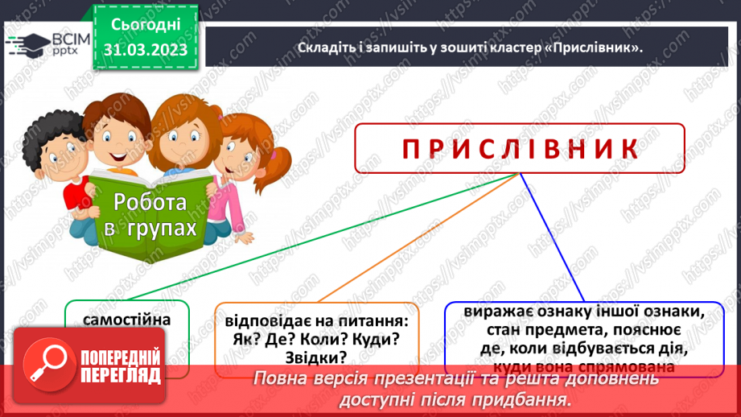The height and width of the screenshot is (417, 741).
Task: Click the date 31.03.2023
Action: point(145,50)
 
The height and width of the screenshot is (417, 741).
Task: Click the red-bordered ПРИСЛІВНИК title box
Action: point(519,148)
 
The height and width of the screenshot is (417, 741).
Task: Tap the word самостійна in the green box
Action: point(126,319)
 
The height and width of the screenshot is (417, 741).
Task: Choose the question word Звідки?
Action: point(315,357)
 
